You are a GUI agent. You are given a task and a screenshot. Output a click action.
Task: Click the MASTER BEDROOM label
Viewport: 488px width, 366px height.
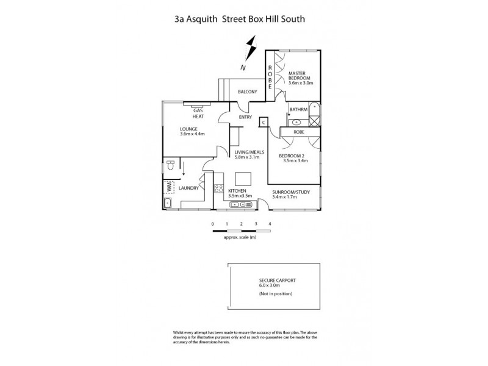click(x=300, y=76)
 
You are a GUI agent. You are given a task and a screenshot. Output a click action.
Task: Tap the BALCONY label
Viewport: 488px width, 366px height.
click(x=247, y=91)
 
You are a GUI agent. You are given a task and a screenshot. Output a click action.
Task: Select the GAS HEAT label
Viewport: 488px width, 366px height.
click(x=198, y=113)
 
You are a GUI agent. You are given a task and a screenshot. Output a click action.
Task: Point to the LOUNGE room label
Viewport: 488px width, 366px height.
click(x=188, y=129)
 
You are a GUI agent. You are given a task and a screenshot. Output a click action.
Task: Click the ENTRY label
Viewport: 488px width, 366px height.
click(x=245, y=118)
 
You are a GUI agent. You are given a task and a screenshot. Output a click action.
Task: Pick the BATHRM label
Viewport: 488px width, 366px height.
click(x=298, y=109)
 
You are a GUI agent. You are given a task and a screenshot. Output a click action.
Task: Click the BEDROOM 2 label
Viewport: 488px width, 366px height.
click(x=293, y=156)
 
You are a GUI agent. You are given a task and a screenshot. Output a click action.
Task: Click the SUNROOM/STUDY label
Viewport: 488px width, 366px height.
click(x=291, y=192)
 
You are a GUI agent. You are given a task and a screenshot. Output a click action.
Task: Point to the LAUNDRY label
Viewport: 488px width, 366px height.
click(x=188, y=188)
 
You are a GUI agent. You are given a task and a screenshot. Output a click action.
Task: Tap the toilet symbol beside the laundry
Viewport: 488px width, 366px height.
click(x=170, y=165)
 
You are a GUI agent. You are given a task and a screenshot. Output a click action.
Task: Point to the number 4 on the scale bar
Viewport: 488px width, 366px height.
click(x=270, y=224)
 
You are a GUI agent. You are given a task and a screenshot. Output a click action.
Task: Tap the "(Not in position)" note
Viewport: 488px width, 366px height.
click(x=276, y=294)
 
